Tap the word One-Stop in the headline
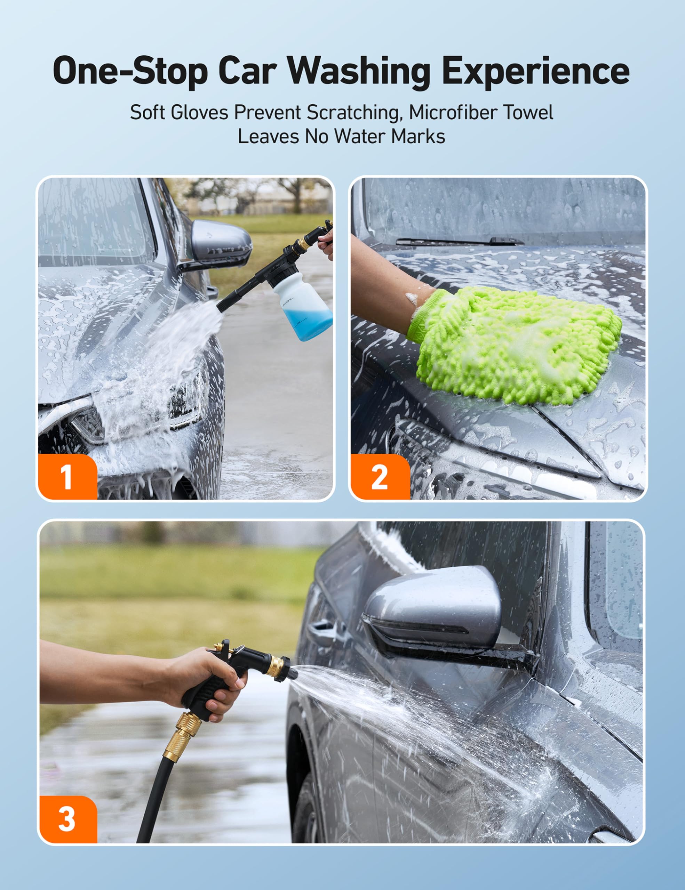click(x=130, y=71)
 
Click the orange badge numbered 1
click(x=68, y=476)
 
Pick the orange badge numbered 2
click(x=380, y=476)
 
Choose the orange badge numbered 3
click(x=69, y=819)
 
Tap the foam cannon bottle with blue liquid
click(x=302, y=306)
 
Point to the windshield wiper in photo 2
click(x=460, y=241)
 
